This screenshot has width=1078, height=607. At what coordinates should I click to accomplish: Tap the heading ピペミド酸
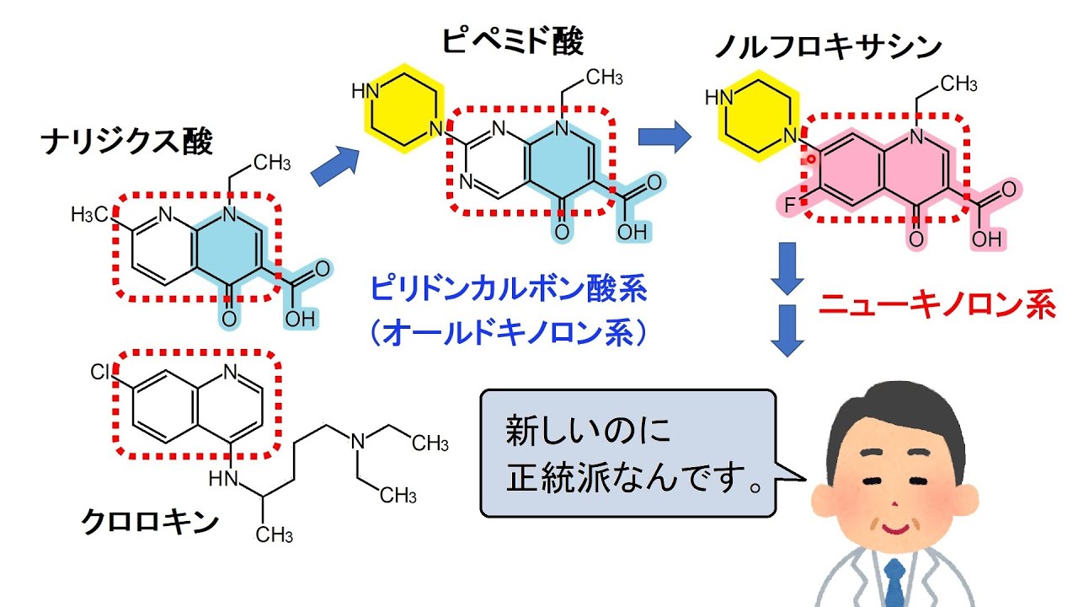click(x=512, y=40)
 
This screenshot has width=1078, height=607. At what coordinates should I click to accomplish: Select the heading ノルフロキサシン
click(x=827, y=48)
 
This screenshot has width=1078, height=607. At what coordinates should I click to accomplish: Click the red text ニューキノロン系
click(x=937, y=305)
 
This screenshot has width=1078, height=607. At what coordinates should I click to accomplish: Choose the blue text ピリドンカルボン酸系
click(x=508, y=292)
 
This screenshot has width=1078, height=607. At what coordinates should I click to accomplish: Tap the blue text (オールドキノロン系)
click(x=508, y=334)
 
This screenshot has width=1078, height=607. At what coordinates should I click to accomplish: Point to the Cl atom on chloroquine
click(x=100, y=373)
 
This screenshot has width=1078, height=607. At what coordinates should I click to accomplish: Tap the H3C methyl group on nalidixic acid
click(x=89, y=215)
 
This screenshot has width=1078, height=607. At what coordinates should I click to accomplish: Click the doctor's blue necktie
click(x=895, y=586)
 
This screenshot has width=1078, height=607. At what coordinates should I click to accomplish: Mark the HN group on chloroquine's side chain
click(x=223, y=479)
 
